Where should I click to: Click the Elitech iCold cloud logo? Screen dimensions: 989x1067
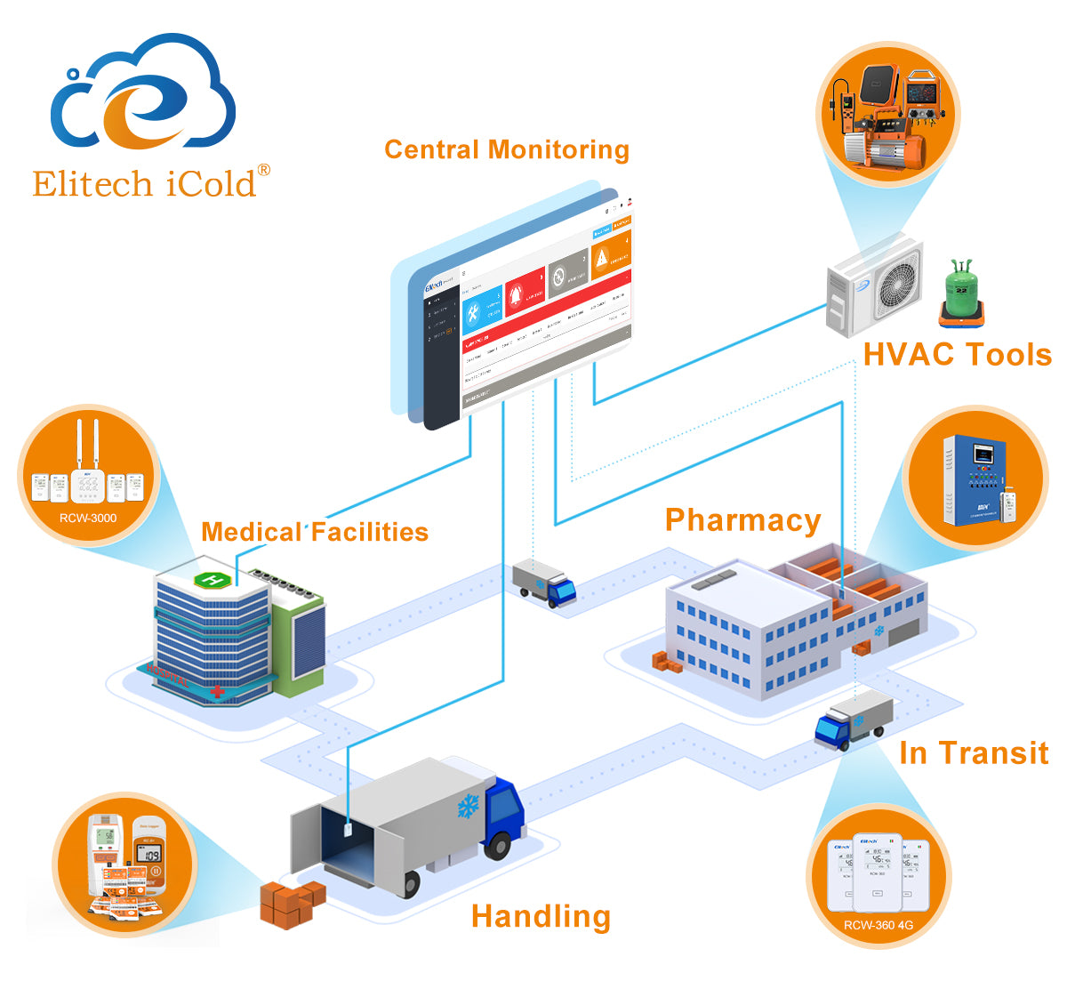coord(142,93)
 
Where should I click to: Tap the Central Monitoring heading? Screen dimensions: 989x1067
coord(506,149)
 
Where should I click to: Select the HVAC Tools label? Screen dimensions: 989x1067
coord(957,355)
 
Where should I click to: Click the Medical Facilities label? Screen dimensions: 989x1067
coord(315,532)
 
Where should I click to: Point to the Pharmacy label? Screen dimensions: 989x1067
coord(742,520)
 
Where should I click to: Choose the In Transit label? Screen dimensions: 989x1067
coord(974,753)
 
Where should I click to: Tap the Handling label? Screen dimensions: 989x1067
coord(541,916)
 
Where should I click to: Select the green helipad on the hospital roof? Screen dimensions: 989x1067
coord(212,581)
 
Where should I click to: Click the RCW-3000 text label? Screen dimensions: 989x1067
coord(88,518)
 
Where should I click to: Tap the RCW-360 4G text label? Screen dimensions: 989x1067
coord(878,925)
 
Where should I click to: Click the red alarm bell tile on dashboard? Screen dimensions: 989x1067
coord(524,291)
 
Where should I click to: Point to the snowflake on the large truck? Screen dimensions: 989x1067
coord(468,807)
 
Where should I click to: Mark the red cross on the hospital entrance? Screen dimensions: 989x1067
coord(217,690)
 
